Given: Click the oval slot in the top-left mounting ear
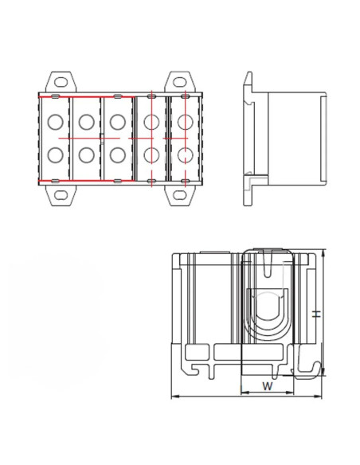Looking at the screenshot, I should pos(60,80).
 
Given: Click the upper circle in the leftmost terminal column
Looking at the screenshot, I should pos(55,123).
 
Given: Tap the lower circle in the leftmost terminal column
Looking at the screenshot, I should pos(55,154).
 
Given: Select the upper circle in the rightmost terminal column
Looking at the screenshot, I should pos(183,123).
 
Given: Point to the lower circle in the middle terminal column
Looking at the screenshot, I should pos(117,154).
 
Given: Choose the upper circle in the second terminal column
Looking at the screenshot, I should pos(87,123).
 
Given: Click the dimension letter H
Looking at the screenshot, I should pos(316,315).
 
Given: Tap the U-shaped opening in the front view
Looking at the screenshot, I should pos(268,315).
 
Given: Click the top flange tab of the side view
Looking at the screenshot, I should pos(248,82).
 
